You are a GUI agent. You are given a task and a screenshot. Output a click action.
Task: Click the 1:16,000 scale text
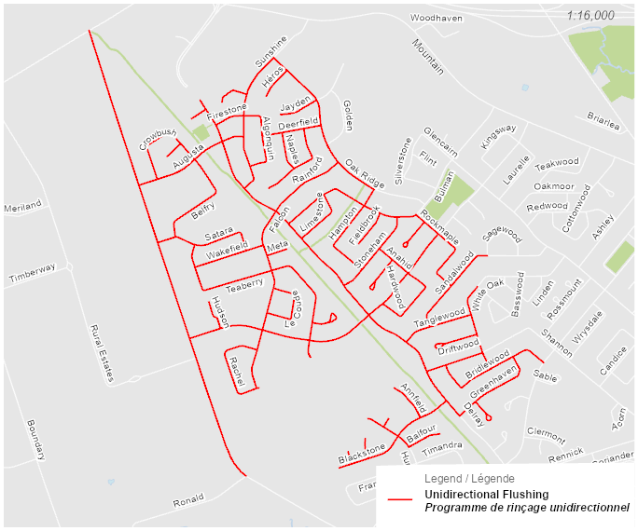(x=590, y=15)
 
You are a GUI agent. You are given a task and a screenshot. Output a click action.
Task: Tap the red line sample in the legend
(x=400, y=500)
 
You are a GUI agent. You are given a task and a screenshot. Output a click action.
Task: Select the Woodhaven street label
(x=437, y=18)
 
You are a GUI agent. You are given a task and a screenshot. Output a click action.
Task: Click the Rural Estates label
(x=101, y=353)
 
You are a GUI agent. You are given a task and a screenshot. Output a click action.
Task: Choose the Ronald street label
(x=187, y=501)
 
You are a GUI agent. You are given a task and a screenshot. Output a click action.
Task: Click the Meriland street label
(x=23, y=205)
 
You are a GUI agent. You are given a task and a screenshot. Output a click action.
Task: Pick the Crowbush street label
(x=158, y=140)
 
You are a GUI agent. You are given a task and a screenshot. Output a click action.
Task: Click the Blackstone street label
(x=362, y=454)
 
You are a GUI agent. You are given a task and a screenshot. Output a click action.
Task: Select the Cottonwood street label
(x=577, y=208)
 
